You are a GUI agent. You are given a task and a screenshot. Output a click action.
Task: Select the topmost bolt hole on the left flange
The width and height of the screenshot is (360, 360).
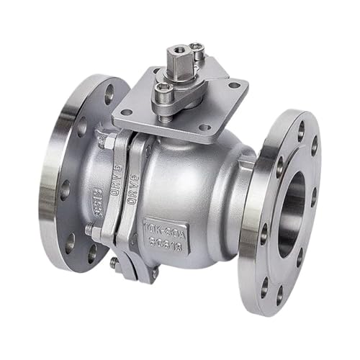[x=109, y=93]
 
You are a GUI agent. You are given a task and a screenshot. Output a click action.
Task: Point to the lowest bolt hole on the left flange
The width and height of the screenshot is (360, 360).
[x=91, y=253]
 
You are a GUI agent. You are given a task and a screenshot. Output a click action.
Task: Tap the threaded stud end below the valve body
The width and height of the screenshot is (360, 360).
[x=114, y=263]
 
